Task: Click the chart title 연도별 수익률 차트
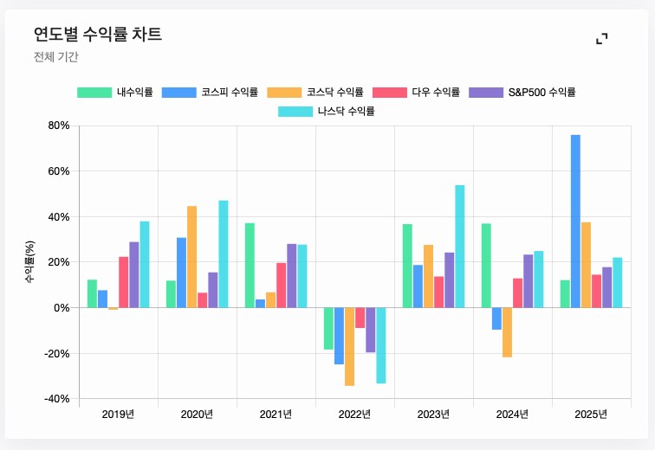pos(97,35)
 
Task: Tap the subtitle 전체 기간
pos(56,57)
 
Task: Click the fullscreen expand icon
pos(601,38)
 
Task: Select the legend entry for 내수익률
pos(115,92)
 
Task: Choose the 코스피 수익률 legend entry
pos(211,92)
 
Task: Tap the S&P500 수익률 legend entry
pos(522,92)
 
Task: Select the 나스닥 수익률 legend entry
pos(327,111)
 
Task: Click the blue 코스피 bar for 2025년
pos(575,221)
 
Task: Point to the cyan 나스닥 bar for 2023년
pos(459,246)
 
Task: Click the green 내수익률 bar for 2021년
pos(250,265)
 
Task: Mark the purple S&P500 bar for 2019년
pos(133,274)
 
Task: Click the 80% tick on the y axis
pos(58,125)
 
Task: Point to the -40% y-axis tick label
pos(56,399)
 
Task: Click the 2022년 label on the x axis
pos(354,415)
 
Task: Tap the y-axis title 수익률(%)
pos(29,262)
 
